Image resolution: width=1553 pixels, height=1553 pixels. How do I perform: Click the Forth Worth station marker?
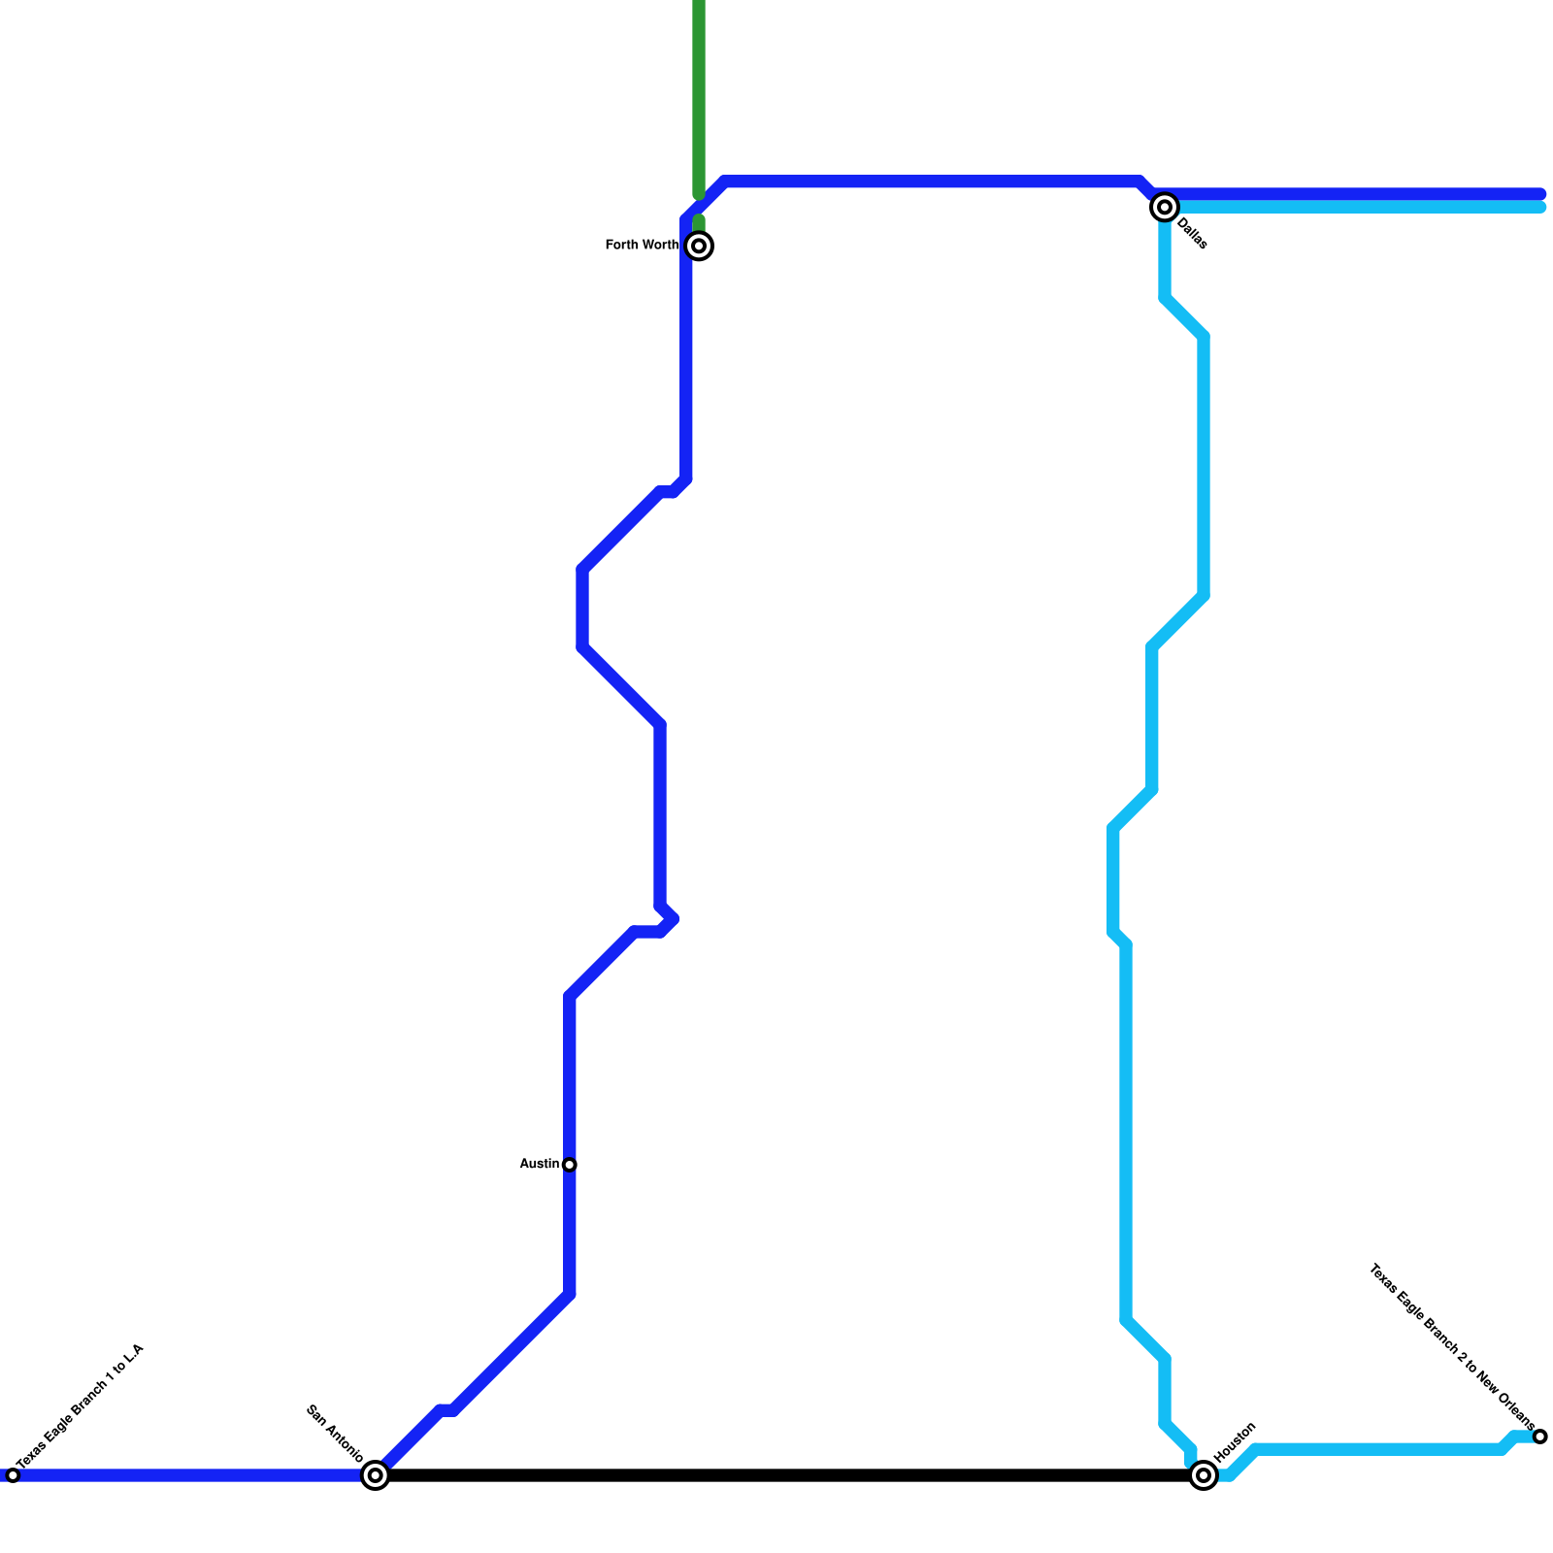(699, 246)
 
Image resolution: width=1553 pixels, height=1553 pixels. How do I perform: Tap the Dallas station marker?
(1165, 207)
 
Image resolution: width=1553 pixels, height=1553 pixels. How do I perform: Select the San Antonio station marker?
(376, 1475)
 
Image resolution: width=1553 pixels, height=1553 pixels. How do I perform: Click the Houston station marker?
(1204, 1475)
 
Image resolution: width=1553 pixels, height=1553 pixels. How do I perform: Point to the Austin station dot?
(570, 1165)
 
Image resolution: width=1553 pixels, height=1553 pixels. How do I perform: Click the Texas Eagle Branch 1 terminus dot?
(13, 1475)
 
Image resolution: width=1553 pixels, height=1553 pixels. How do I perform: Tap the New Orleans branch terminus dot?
(1539, 1437)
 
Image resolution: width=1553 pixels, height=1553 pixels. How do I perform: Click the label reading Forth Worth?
(642, 245)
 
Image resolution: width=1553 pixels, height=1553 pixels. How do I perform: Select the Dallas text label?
(1193, 235)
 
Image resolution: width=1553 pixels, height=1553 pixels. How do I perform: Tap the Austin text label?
(540, 1164)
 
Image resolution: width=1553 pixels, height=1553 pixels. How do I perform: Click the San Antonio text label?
(335, 1434)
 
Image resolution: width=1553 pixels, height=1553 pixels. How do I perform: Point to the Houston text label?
(1236, 1443)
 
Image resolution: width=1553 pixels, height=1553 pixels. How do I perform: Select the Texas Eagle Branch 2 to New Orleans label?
(1451, 1348)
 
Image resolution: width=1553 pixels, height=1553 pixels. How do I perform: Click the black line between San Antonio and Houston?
(776, 1475)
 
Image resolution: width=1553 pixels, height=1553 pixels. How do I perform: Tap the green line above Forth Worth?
(699, 97)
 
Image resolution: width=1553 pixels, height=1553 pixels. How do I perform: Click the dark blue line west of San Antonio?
(194, 1475)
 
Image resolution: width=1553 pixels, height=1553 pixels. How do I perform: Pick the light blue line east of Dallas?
(1359, 208)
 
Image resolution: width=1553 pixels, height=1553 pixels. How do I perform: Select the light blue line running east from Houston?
(1378, 1450)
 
